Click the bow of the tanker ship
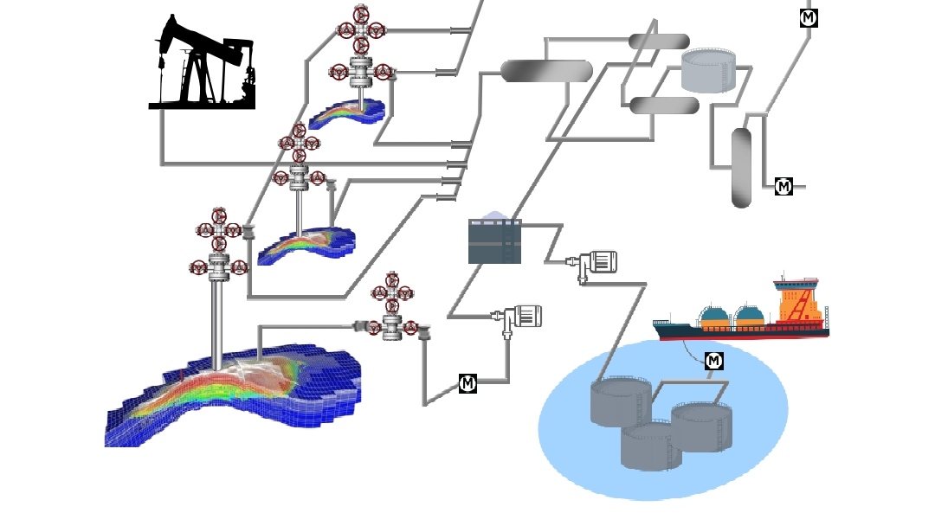662,328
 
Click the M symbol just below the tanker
714,361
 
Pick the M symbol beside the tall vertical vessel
783,186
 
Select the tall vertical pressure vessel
741,168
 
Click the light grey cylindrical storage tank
708,70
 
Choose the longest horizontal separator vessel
546,71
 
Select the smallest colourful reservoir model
346,113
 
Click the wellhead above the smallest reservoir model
362,48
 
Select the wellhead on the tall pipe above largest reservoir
219,247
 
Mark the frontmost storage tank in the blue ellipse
651,446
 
